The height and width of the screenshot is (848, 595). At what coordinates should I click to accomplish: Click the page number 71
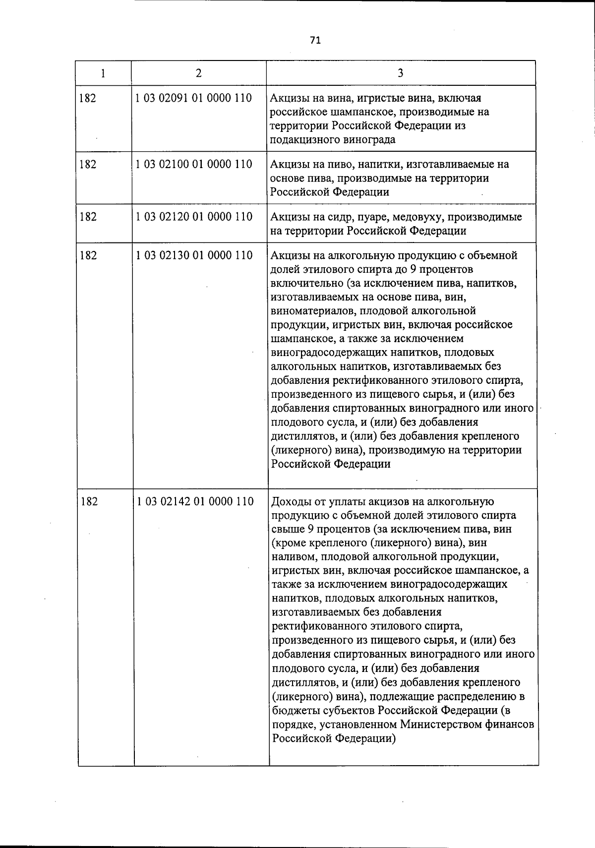[315, 41]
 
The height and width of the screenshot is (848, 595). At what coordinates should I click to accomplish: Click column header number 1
[103, 73]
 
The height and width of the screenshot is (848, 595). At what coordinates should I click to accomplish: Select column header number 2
[198, 73]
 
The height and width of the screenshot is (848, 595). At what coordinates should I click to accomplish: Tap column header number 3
[400, 73]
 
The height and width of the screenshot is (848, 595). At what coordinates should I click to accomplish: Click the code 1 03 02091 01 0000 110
[194, 98]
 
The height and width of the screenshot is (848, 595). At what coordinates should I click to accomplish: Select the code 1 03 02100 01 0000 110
[194, 164]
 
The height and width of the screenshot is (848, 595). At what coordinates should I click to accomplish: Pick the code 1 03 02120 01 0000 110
[194, 217]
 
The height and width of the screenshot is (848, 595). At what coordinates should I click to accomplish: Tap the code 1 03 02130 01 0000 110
[194, 255]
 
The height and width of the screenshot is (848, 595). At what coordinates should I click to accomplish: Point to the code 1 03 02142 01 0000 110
[195, 502]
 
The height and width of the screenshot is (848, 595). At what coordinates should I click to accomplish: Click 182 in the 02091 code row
[88, 98]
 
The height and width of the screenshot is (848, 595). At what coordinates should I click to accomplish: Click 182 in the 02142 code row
[89, 502]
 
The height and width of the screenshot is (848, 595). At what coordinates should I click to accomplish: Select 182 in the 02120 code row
[88, 217]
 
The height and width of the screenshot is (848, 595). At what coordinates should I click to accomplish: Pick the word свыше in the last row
[287, 529]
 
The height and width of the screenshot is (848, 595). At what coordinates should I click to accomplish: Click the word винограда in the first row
[369, 140]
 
